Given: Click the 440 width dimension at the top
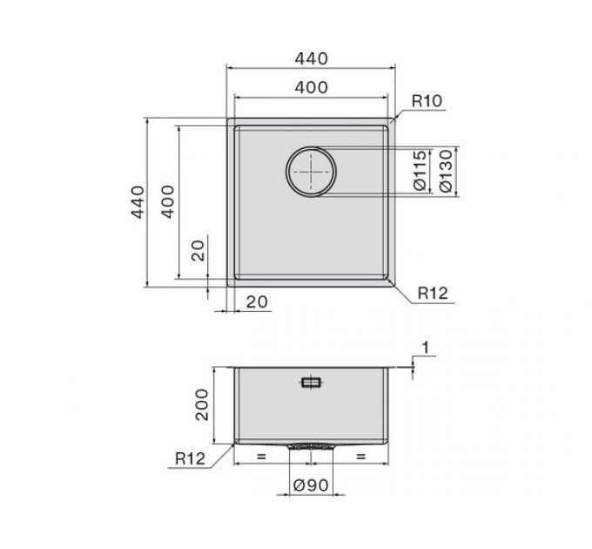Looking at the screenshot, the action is [x=311, y=58].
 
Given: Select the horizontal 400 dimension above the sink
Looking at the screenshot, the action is [x=311, y=88].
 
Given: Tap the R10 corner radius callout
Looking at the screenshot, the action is [x=427, y=101].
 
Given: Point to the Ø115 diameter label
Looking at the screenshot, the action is [x=420, y=171].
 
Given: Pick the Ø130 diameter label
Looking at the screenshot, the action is [x=446, y=171].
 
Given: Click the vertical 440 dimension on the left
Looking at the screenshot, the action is [x=138, y=202].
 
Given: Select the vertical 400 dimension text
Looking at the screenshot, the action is [x=168, y=202].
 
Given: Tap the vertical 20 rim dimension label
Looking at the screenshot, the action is [x=198, y=250].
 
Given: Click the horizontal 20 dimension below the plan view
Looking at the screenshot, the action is [x=257, y=302].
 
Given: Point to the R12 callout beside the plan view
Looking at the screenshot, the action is [x=433, y=293].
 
